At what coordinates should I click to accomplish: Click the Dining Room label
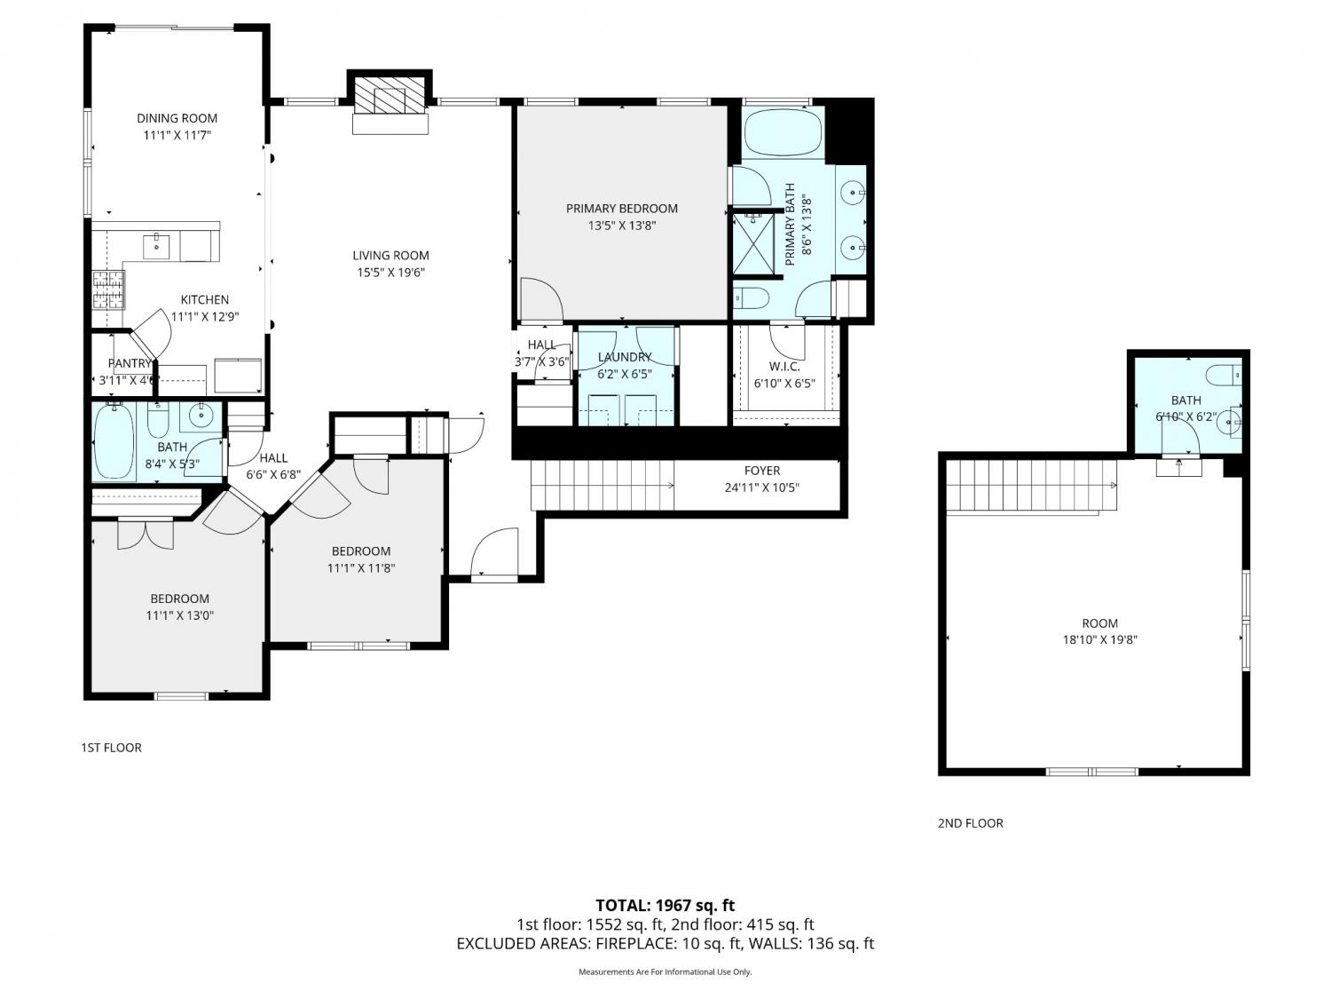coord(177,118)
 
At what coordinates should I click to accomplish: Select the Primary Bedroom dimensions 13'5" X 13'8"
coord(621,226)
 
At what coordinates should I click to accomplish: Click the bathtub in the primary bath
coord(783,132)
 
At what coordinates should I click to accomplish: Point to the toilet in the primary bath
coord(752,298)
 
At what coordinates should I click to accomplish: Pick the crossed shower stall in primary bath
coord(753,244)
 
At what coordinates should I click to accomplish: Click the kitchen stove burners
coord(108,289)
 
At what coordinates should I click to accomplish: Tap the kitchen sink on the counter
coord(156,246)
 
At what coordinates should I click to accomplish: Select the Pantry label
coord(130,363)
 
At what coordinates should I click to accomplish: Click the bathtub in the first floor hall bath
coord(114,441)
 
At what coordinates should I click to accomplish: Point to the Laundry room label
coord(624,357)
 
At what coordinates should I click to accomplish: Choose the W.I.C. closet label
coord(784,367)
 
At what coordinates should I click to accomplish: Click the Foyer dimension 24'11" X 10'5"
coord(761,488)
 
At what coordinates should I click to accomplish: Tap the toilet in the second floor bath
coord(1223,376)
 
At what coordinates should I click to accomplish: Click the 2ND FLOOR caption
coord(970,823)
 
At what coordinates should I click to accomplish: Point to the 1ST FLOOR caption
coord(111,748)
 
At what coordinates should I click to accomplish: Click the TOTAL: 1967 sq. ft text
coord(665,906)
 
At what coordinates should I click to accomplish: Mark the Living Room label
coord(390,256)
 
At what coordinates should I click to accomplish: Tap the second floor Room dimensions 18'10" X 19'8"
coord(1099,639)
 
